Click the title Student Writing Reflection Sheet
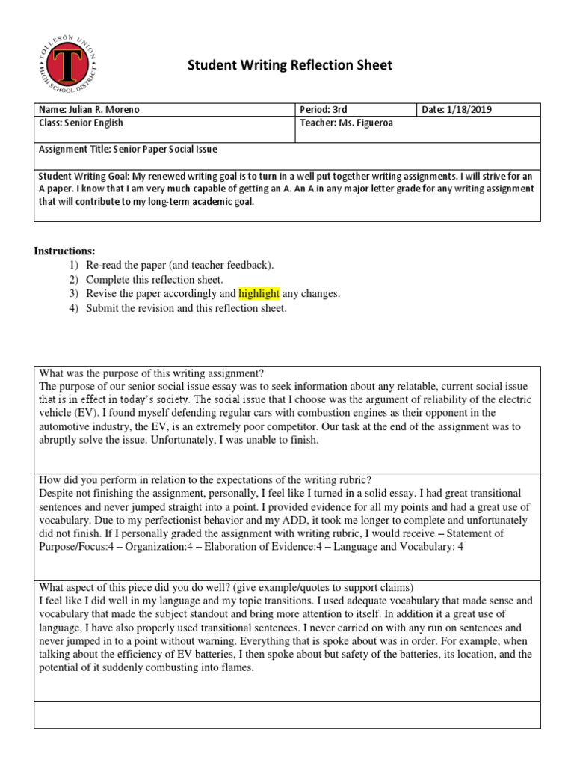coord(288,67)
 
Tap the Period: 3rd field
coord(325,110)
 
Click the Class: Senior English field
coord(81,123)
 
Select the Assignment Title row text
coord(128,149)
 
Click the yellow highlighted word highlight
coord(259,294)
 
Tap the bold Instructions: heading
coord(64,251)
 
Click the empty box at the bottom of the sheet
coord(286,714)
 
